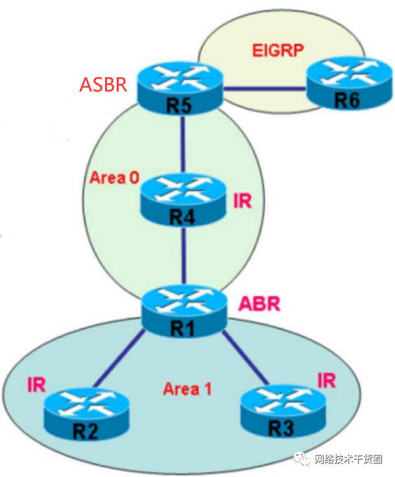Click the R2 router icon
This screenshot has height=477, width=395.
(86, 415)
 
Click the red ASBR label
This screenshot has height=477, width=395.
(103, 85)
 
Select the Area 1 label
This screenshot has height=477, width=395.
(187, 389)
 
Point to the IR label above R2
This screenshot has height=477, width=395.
(36, 384)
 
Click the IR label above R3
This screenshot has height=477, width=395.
(326, 380)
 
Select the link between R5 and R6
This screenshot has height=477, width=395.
(265, 89)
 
